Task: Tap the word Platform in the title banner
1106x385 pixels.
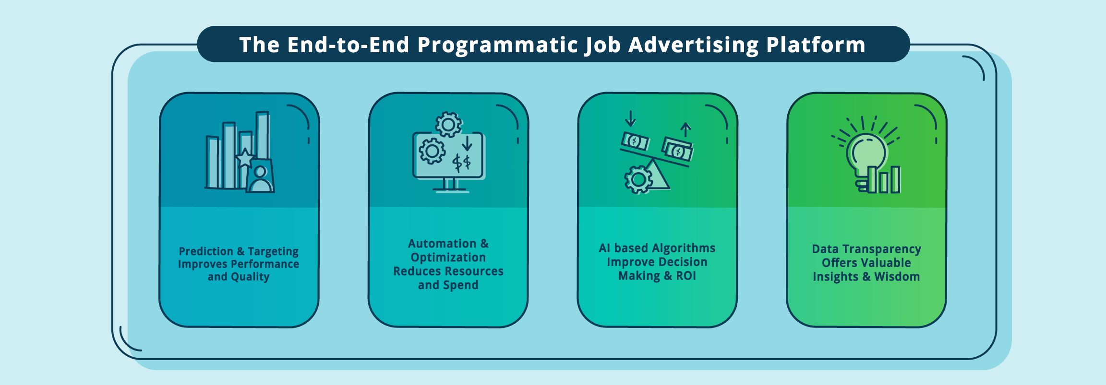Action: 816,45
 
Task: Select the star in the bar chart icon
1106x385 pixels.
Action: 245,158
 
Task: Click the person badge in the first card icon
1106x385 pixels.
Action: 260,176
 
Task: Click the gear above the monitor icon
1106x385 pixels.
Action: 448,125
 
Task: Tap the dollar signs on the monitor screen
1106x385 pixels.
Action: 462,163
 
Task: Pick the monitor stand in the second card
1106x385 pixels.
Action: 450,186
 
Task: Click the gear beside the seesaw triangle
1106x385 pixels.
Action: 638,180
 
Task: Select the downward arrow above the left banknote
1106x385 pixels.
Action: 630,119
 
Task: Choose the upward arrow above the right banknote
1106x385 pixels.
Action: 686,130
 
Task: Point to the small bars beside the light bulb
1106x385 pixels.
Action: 884,180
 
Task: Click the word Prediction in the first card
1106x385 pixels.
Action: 206,251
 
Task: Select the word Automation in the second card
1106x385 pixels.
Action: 442,244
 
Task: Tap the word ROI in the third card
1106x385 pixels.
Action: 686,276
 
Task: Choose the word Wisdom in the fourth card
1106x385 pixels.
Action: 897,277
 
